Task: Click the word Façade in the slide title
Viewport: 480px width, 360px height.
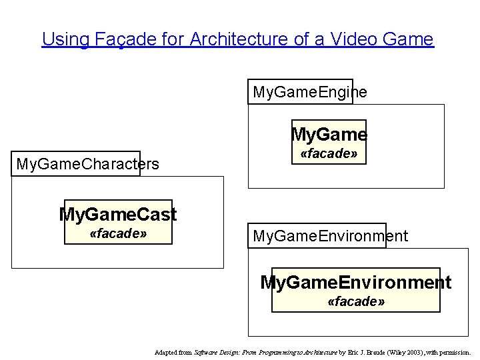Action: pos(117,39)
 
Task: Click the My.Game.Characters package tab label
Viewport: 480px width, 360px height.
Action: pos(87,164)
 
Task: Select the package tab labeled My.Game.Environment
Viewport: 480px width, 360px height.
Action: pos(330,236)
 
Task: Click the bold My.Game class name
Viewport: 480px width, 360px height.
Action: pos(329,135)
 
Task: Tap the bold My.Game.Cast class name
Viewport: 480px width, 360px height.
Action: pos(118,215)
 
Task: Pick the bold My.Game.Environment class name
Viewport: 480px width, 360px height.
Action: pos(355,283)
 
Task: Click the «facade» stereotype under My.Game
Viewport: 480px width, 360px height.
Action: pos(329,155)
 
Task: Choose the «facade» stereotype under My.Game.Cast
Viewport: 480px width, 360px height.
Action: pos(118,235)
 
